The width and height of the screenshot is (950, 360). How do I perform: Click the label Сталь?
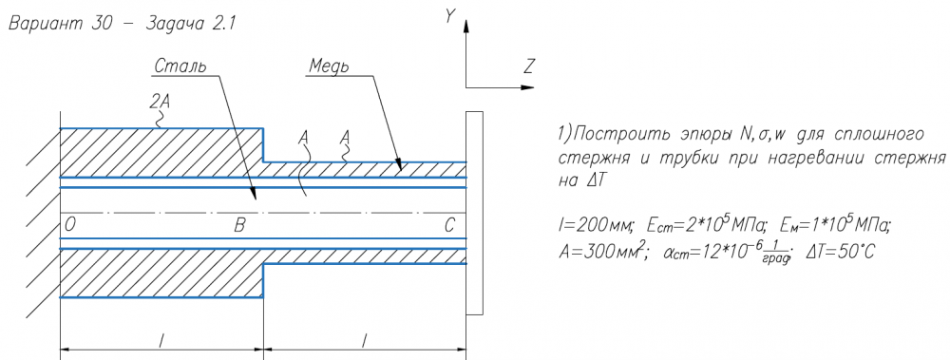[x=180, y=66]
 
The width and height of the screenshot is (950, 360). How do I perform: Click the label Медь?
[x=329, y=66]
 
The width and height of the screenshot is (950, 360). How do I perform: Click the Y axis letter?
[x=449, y=16]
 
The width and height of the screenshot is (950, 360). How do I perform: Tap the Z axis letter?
[x=527, y=66]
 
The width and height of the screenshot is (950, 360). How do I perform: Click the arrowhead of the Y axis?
[x=465, y=25]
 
